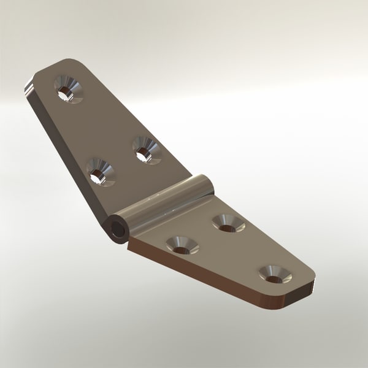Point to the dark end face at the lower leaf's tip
click(x=301, y=293)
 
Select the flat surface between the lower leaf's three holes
click(x=227, y=251)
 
